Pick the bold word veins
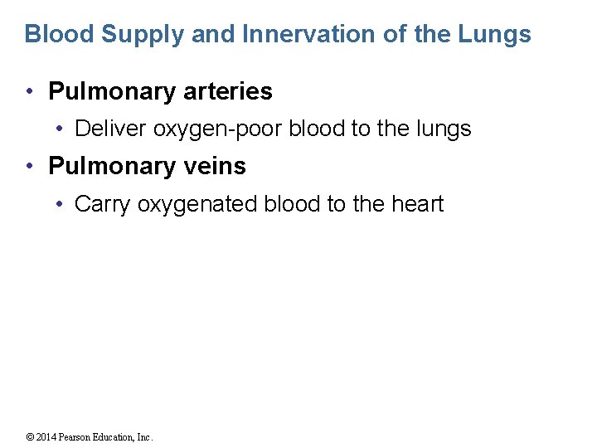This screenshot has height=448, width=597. coord(212,166)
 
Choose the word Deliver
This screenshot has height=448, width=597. coord(110,129)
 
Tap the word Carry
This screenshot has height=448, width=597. coord(103,205)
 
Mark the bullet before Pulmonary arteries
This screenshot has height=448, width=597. coord(31,92)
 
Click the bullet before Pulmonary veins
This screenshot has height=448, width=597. coord(31,167)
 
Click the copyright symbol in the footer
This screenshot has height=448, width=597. coord(30,437)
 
